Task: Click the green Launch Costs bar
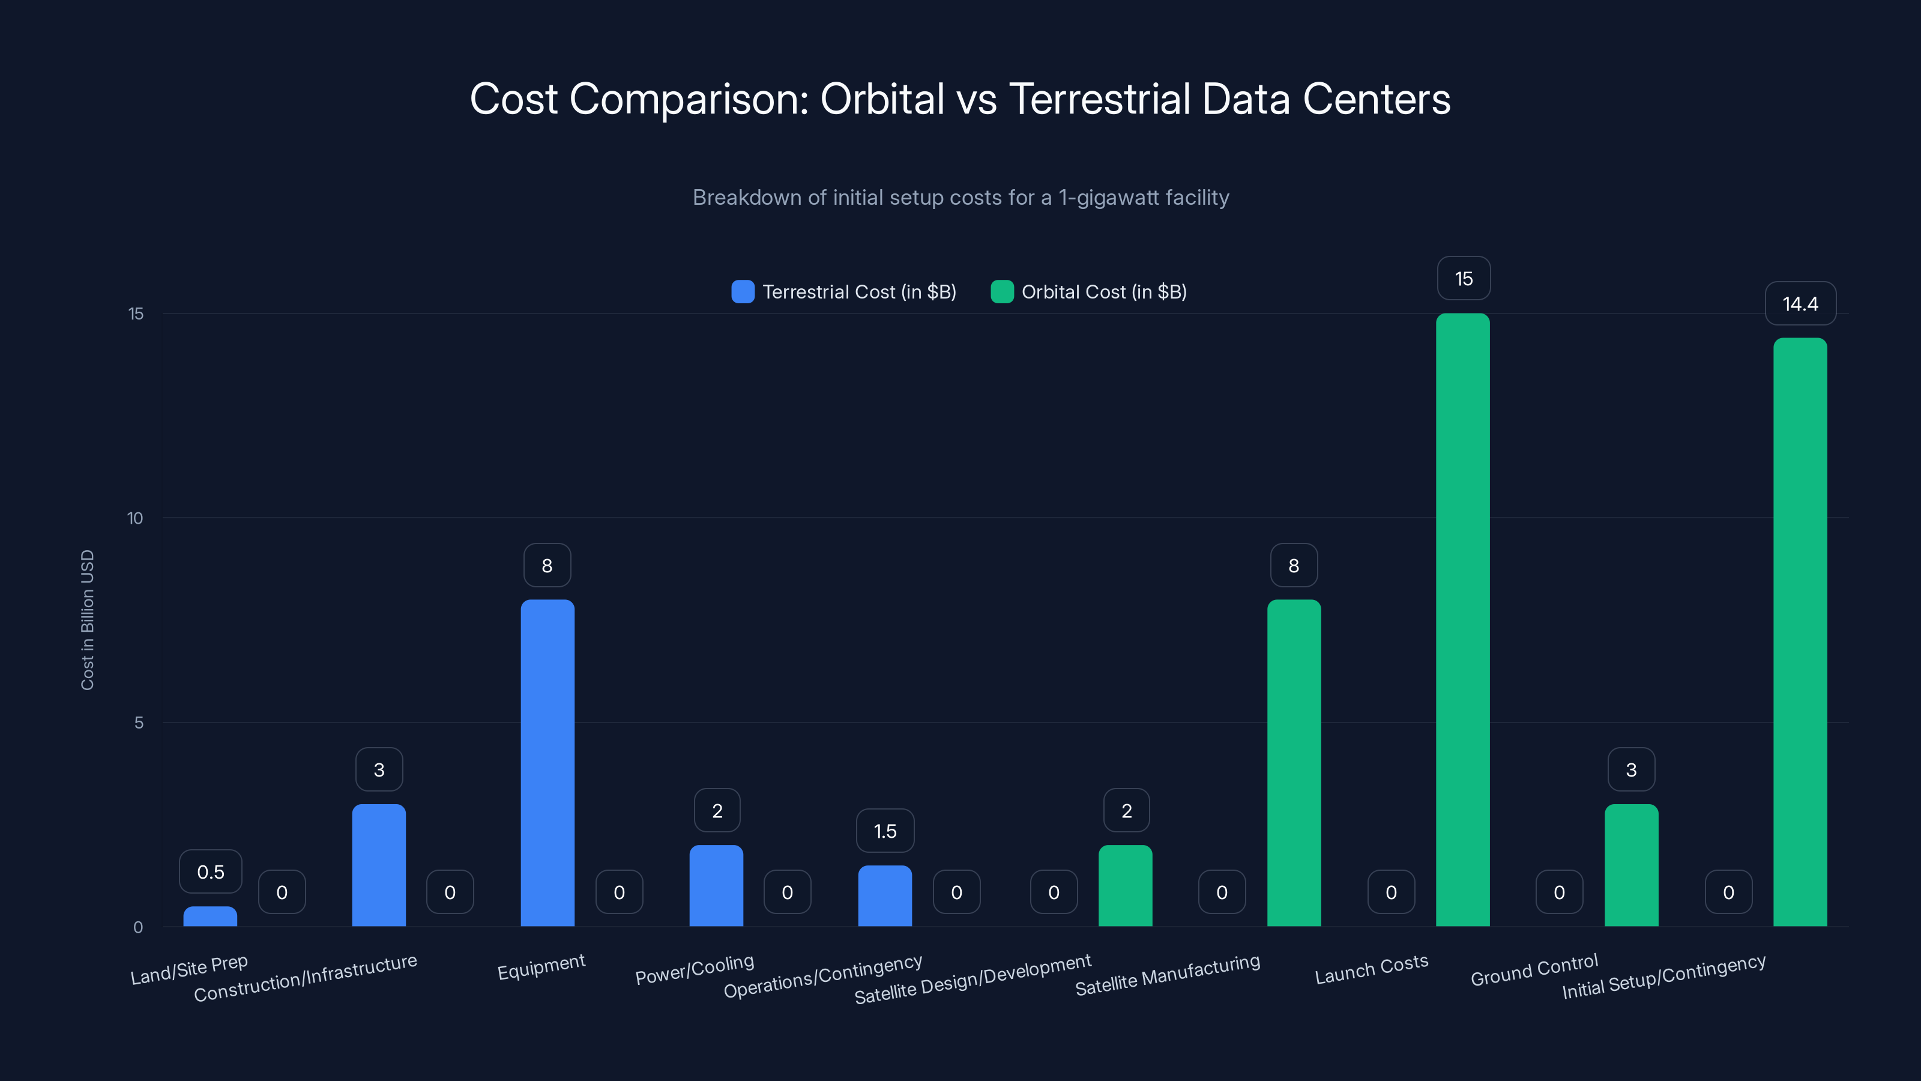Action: (x=1462, y=619)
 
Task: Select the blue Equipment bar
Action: (x=547, y=763)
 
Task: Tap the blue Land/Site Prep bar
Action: (x=210, y=917)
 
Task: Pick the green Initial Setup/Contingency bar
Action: (x=1800, y=632)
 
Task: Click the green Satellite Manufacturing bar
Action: (x=1294, y=763)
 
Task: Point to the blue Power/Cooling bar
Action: (x=716, y=886)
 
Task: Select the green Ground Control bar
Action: (x=1631, y=865)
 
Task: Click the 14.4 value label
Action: (x=1800, y=304)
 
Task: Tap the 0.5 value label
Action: (x=210, y=871)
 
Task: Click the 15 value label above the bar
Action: (x=1463, y=278)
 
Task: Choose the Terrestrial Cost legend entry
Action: (x=844, y=292)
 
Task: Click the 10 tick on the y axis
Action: (x=135, y=518)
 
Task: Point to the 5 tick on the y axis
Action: (x=138, y=722)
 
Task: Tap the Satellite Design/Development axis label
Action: (x=973, y=979)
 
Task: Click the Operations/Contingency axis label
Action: (x=822, y=976)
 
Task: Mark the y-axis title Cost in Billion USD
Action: (x=87, y=619)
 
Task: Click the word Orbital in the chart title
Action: (x=881, y=98)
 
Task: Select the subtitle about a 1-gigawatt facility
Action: (x=960, y=198)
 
